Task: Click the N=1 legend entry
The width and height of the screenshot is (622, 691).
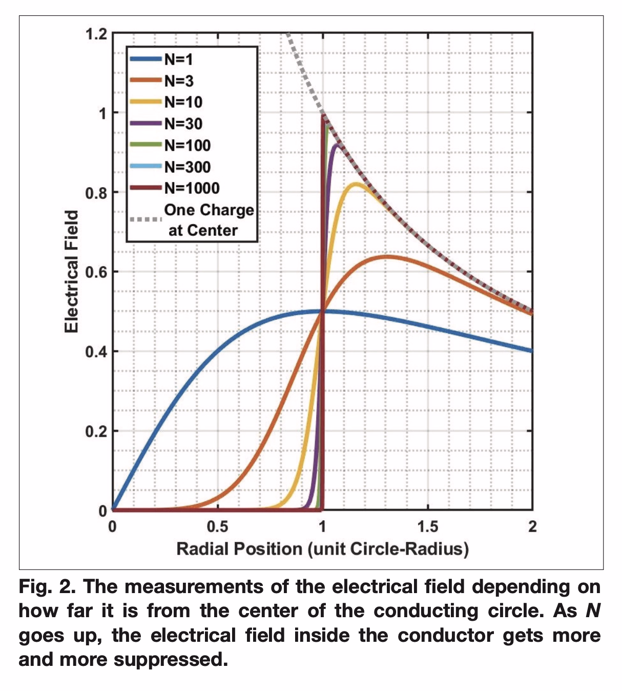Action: (x=178, y=59)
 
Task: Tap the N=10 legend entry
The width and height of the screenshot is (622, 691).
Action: (x=183, y=102)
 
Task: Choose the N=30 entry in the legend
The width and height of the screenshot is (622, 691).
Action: (x=183, y=124)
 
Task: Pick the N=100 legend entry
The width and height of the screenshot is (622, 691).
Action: (x=187, y=145)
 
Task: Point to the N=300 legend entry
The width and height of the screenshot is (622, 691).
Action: (x=187, y=167)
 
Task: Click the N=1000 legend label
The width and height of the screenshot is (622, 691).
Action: (x=192, y=188)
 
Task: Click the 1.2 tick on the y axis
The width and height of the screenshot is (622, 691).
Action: (x=96, y=34)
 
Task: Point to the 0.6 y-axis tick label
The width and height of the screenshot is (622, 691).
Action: (x=96, y=272)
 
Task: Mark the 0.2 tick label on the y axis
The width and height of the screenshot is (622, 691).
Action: (x=96, y=432)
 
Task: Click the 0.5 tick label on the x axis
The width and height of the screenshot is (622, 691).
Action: (x=217, y=526)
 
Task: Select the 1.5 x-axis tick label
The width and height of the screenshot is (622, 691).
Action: (x=427, y=526)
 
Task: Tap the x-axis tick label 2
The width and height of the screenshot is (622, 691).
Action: (x=532, y=526)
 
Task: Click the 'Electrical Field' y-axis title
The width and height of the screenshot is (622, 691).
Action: (x=72, y=271)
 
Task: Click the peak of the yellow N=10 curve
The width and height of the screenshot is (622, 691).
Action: (x=355, y=184)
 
